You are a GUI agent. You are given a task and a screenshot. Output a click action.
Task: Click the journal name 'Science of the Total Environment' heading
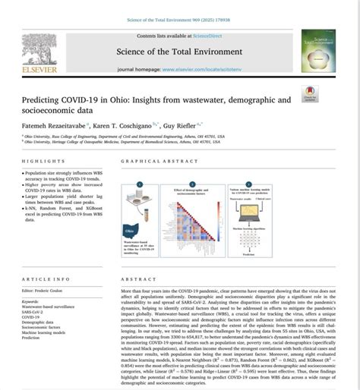coord(180,51)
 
